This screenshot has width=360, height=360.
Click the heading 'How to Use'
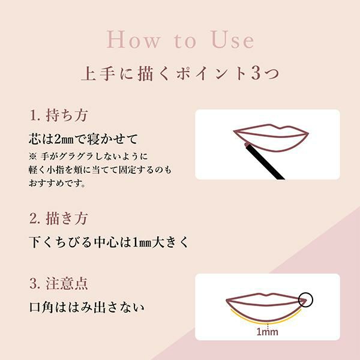180,40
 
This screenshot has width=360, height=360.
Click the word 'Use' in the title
233,40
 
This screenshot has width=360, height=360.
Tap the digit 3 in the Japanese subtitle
256,73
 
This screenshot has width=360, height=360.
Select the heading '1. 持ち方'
59,115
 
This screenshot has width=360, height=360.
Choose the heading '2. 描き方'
59,218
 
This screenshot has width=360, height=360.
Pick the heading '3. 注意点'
59,283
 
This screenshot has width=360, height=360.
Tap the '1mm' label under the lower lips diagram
267,332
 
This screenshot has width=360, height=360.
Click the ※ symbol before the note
32,157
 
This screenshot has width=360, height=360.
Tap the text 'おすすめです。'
58,183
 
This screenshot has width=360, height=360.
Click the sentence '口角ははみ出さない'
87,307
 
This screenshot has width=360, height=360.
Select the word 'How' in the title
133,40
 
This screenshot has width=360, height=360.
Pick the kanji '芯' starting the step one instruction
35,139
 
